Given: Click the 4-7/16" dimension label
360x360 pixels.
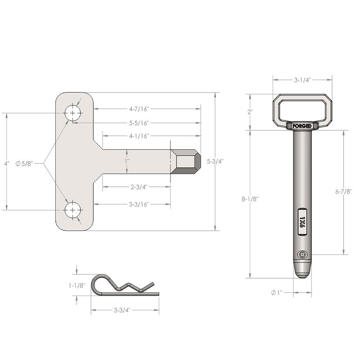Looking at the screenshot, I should pos(138,108).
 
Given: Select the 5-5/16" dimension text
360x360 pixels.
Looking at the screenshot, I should pos(138,122).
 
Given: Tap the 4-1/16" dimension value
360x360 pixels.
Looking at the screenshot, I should pos(139,135).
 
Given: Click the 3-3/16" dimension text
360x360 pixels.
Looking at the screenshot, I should pos(138,204).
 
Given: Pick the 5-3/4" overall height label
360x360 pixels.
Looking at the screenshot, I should pos(214,161).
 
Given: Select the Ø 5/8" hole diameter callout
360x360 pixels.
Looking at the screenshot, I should pos(24,163).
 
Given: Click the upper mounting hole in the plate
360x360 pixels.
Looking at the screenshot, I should pos(72,113).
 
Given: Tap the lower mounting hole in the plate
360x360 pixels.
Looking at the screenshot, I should pos(72,210).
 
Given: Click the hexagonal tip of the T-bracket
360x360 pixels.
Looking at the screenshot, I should pos(185,162).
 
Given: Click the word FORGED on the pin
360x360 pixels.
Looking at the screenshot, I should pos(302,126).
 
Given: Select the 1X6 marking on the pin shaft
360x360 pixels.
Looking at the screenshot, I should pos(302,220).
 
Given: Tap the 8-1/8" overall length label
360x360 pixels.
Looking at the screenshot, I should pos(250,198).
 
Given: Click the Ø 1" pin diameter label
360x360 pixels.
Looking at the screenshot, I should pos(276,292).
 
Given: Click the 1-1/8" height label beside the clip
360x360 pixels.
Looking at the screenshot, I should pos(76,285).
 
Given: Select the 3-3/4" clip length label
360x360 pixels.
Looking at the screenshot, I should pos(121,310).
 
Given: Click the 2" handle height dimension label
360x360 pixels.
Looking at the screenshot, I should pos(250,112).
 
